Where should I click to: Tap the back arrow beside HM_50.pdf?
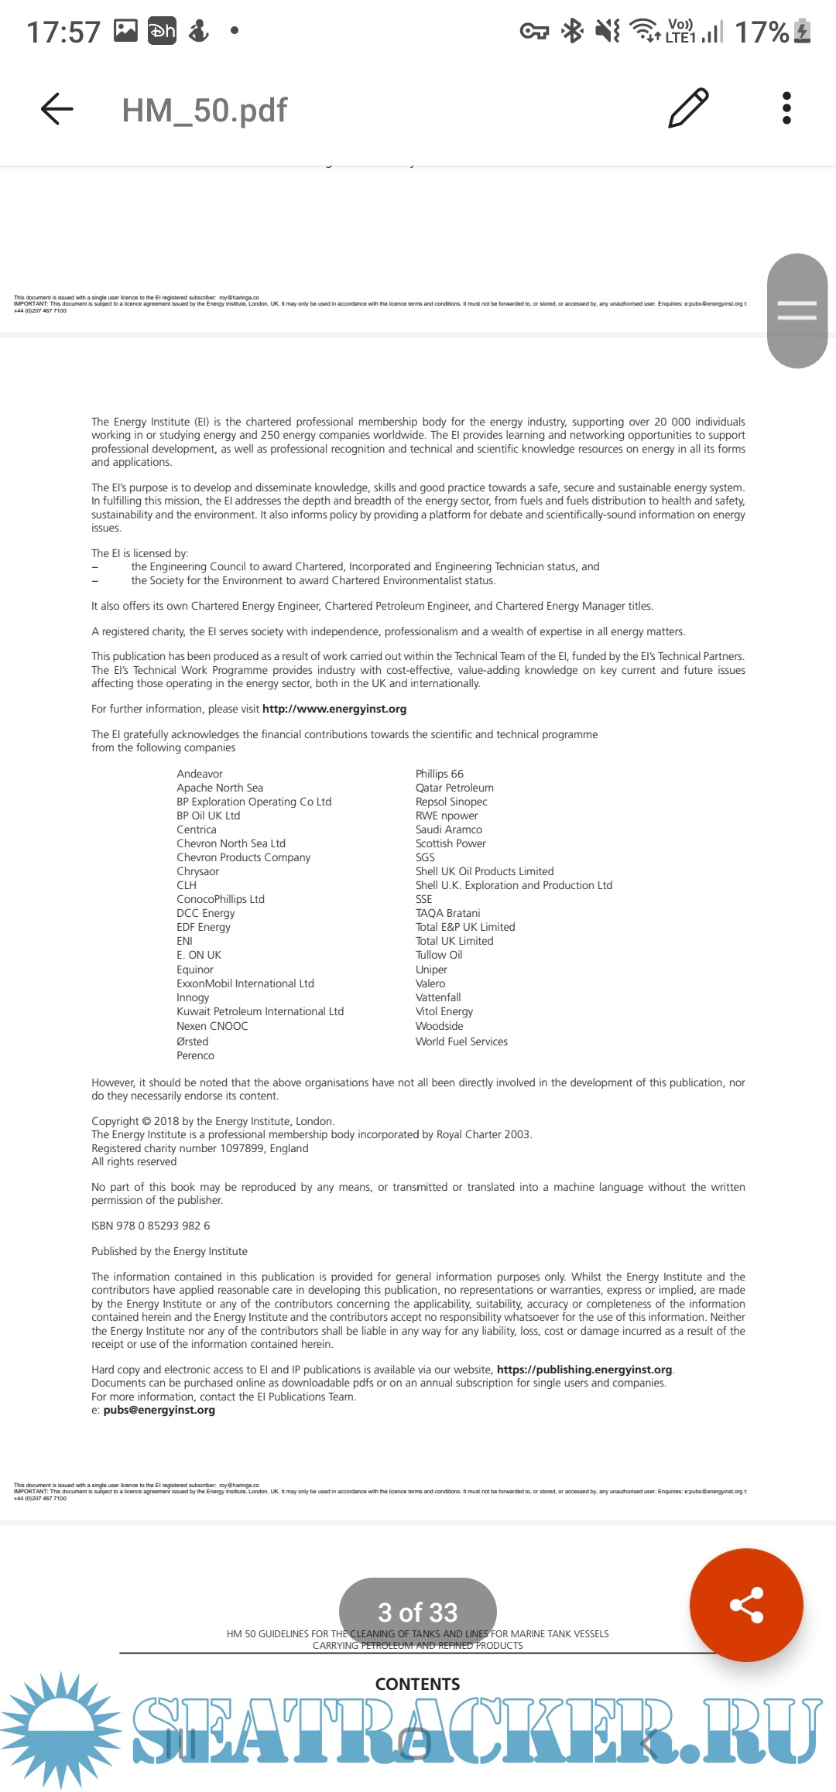[x=57, y=109]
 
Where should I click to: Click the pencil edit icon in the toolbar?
[x=688, y=108]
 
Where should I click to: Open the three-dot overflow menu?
[x=786, y=108]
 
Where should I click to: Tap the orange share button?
[x=746, y=1605]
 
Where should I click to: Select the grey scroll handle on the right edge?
[x=797, y=310]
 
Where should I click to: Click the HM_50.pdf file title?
[x=204, y=111]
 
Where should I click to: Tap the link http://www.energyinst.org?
[x=334, y=709]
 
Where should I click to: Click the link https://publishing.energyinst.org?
[x=584, y=1370]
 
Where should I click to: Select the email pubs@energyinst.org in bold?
[x=159, y=1410]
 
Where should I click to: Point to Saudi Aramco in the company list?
[x=449, y=829]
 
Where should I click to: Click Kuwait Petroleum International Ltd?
[x=260, y=1011]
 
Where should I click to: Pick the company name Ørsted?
[x=193, y=1041]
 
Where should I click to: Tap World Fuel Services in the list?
[x=461, y=1041]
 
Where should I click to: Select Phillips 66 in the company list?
[x=440, y=774]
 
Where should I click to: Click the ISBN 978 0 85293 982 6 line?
[x=151, y=1226]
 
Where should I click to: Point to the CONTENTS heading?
[x=417, y=1684]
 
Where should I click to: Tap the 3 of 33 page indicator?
[x=418, y=1612]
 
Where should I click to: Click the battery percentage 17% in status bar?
[x=762, y=32]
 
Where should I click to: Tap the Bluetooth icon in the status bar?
[x=573, y=31]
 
